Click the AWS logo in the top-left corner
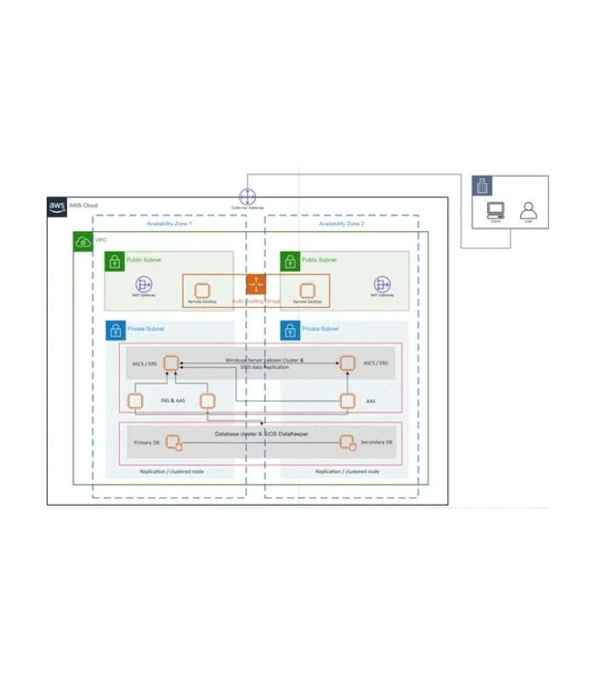[57, 207]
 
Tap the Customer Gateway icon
[246, 196]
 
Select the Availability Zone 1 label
[169, 223]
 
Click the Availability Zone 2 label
[341, 223]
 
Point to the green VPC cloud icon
[83, 241]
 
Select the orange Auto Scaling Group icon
[256, 284]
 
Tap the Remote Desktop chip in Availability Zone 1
[201, 290]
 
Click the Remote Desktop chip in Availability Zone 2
[307, 290]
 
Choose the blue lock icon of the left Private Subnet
[115, 331]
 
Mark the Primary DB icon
[173, 443]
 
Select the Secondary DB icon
[346, 443]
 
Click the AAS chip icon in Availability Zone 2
[347, 400]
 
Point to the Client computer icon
[495, 210]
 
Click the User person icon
[528, 209]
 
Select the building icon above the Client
[482, 186]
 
